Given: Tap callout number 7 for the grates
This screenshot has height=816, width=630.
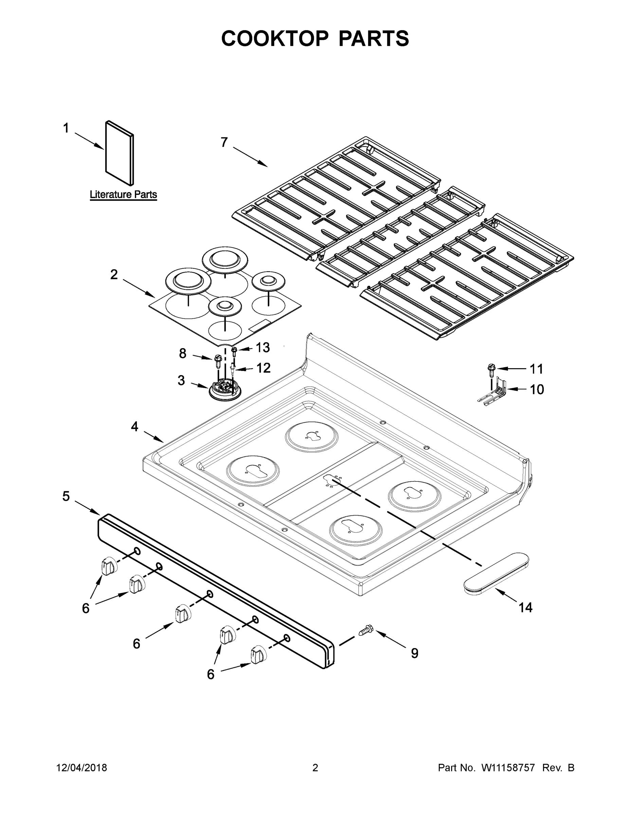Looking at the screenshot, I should (224, 142).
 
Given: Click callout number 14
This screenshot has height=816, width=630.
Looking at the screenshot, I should (525, 608).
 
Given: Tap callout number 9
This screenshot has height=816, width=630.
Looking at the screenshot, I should (414, 653).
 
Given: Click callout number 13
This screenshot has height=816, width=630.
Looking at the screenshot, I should (263, 347).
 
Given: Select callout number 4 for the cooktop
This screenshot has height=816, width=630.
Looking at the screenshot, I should (135, 426).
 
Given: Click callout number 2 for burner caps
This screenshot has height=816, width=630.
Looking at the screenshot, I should (114, 275).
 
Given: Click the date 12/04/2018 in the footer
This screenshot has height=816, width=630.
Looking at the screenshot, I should (82, 767).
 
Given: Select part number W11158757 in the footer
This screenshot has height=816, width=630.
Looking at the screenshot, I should (508, 767).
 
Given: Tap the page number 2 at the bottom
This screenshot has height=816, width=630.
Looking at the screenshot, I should (315, 767).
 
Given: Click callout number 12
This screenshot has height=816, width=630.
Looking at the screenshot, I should (263, 368).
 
